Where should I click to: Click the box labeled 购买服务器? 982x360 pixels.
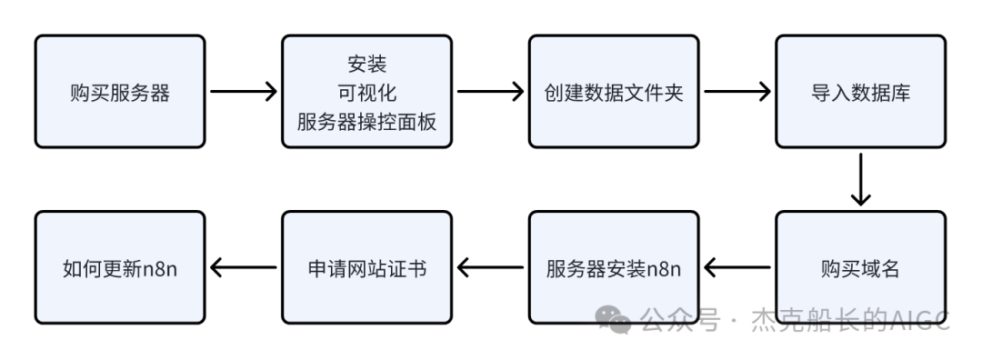pos(120,91)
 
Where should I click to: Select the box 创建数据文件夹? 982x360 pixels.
pos(614,91)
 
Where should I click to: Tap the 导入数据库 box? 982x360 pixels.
pos(860,91)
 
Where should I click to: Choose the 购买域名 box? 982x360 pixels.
pos(860,268)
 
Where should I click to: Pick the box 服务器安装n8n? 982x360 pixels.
pos(614,268)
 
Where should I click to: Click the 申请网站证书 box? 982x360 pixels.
pos(366,268)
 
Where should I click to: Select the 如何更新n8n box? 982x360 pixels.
pos(120,268)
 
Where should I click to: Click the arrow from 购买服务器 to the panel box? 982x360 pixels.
pos(243,91)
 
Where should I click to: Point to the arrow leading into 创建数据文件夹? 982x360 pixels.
pos(490,91)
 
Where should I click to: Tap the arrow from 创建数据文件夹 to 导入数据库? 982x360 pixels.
pos(736,91)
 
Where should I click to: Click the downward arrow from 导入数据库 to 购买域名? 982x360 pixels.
pos(860,179)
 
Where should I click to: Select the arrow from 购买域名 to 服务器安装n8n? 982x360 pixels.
pos(737,268)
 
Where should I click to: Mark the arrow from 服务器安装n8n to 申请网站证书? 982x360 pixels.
pos(491,268)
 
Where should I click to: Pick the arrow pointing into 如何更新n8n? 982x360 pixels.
pos(244,268)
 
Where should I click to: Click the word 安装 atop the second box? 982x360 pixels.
pos(366,65)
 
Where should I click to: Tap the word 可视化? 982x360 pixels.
pos(366,93)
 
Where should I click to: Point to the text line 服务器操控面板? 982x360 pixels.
pos(366,121)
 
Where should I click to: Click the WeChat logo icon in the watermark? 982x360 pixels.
pos(615,318)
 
